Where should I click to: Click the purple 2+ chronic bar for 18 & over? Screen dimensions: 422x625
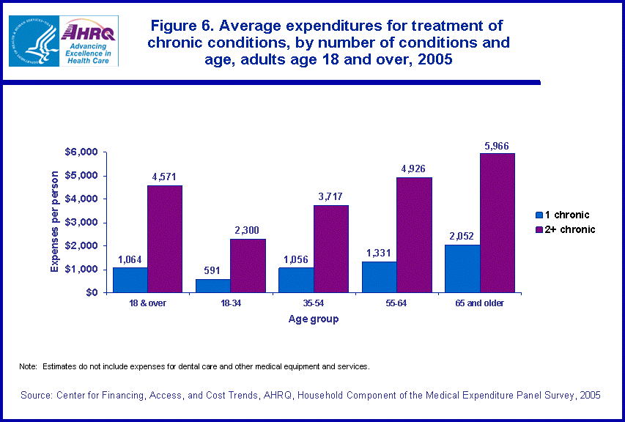pos(165,239)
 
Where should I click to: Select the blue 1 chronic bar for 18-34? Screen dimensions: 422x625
pos(212,285)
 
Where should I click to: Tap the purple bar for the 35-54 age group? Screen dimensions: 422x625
pos(330,248)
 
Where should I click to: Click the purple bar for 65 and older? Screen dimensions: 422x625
pos(497,223)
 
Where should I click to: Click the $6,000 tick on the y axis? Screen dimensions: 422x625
pos(81,152)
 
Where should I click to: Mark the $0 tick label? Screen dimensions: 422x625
pos(90,292)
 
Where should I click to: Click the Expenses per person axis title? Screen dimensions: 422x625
pos(54,223)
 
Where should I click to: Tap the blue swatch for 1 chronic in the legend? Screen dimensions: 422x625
pos(539,215)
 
